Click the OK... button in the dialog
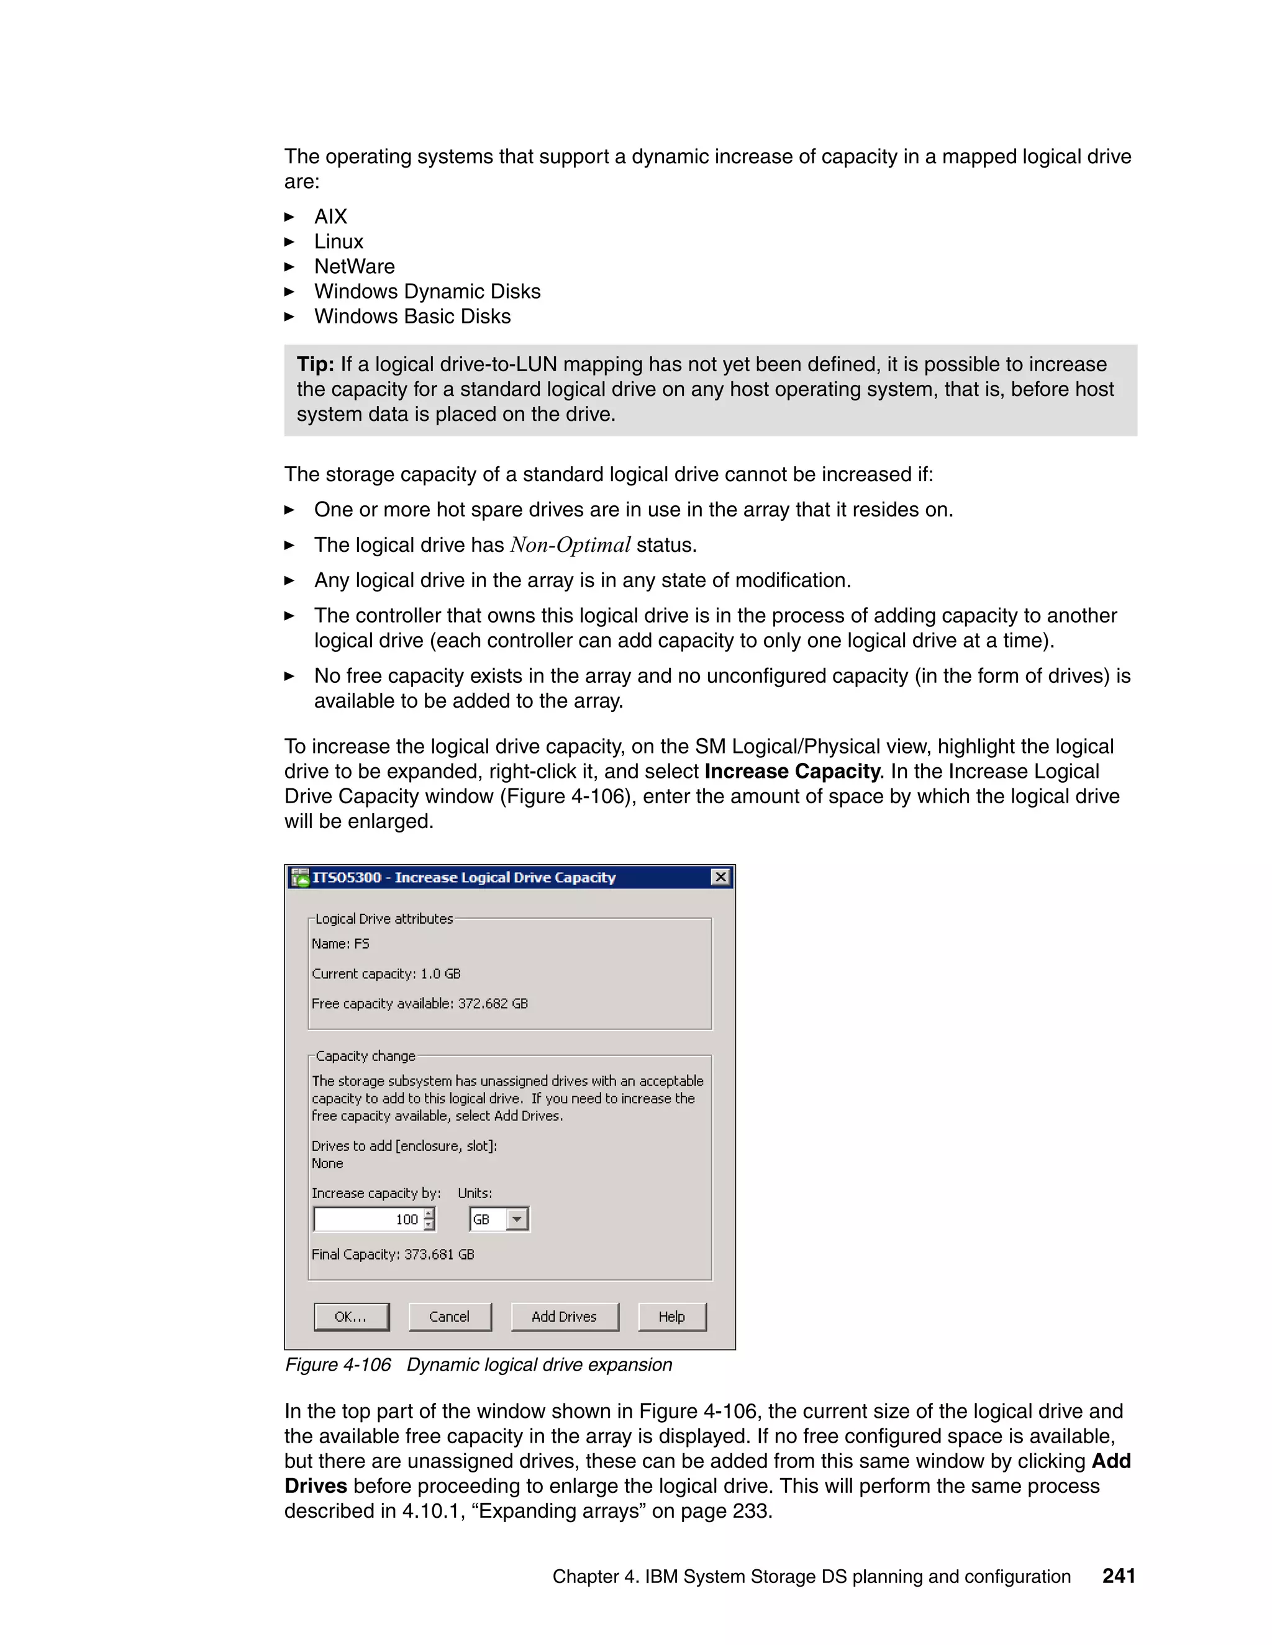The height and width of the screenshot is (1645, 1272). (x=351, y=1317)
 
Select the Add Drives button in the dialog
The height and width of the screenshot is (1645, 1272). (x=565, y=1317)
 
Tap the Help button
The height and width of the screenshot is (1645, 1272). (x=671, y=1317)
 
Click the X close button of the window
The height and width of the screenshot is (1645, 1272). (x=720, y=877)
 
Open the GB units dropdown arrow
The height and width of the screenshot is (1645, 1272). (x=517, y=1219)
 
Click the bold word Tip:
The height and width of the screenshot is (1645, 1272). (x=315, y=364)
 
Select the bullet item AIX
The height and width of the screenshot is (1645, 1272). (x=330, y=217)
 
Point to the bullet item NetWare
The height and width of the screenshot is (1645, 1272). (x=354, y=267)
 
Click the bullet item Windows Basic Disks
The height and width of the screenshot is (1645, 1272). (x=412, y=317)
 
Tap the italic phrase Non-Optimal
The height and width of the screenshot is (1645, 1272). (x=570, y=545)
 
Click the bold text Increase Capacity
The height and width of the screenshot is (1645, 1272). (x=792, y=771)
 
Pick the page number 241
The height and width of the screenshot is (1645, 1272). (x=1118, y=1575)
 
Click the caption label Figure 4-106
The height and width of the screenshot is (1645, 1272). (x=338, y=1365)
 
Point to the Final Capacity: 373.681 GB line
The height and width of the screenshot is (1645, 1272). (x=393, y=1254)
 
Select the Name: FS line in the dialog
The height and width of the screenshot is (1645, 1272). (x=340, y=944)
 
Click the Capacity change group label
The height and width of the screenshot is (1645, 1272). (x=365, y=1056)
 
